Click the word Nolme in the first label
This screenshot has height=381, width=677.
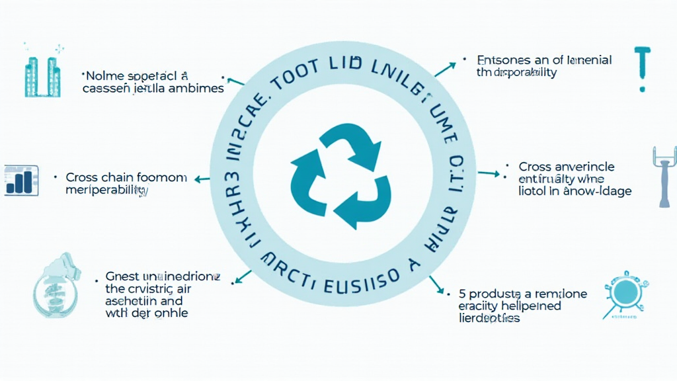103,75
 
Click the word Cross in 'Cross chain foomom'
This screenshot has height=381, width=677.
81,178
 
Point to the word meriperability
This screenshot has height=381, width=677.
106,190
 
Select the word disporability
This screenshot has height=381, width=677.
522,73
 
